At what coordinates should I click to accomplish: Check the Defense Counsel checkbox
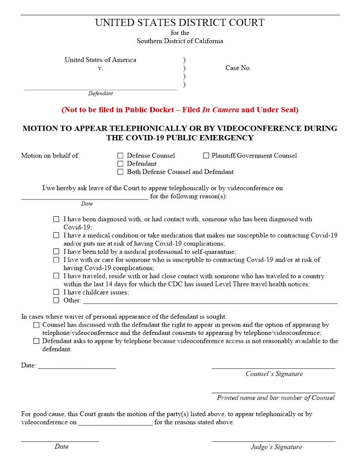(x=120, y=156)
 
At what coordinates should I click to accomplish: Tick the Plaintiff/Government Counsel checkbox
(x=206, y=156)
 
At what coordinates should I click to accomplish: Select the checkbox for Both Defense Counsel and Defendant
(x=120, y=172)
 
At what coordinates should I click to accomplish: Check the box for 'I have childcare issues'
(x=56, y=292)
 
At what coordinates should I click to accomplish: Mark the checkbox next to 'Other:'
(x=56, y=301)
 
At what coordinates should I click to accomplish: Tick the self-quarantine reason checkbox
(x=56, y=252)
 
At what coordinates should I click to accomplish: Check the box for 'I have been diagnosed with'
(x=56, y=219)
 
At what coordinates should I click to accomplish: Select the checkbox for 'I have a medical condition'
(x=56, y=236)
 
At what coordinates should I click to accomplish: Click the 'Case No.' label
(x=238, y=68)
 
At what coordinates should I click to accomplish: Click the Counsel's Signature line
(x=273, y=367)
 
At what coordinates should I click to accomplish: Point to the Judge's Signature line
(x=273, y=440)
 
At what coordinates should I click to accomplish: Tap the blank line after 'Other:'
(x=210, y=303)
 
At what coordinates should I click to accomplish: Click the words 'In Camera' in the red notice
(x=220, y=110)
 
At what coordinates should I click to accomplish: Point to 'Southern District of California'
(x=180, y=41)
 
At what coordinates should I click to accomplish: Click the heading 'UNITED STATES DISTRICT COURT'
(x=180, y=23)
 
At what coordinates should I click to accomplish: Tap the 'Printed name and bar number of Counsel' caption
(x=275, y=398)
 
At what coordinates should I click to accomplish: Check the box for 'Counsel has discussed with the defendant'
(x=36, y=325)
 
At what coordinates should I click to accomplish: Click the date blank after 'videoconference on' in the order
(x=115, y=424)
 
